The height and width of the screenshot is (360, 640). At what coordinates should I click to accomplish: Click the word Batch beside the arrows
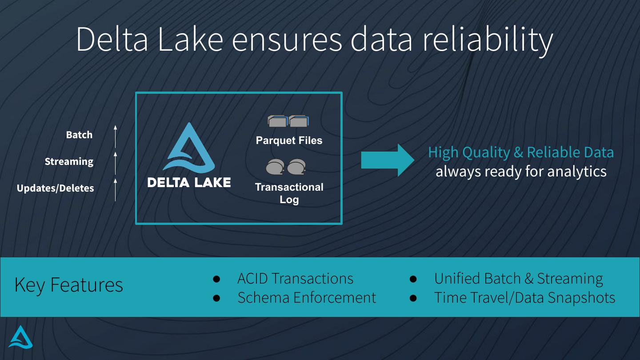coord(79,135)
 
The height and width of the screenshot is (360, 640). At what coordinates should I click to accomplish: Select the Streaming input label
coord(69,161)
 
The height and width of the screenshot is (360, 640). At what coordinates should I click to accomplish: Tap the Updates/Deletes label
coord(55,188)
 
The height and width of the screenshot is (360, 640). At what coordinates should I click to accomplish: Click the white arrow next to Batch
coord(115,136)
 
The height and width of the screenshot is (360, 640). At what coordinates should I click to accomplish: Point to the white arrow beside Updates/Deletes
coord(115,190)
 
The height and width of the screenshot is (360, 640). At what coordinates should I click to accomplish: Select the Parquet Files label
coord(289,140)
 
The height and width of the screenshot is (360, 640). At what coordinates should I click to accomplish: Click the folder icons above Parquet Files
coord(288,121)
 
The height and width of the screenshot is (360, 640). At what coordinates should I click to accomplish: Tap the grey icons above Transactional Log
coord(286,167)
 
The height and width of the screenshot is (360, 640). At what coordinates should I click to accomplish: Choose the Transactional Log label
coord(289,193)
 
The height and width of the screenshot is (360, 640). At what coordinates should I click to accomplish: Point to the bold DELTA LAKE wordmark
coord(189,182)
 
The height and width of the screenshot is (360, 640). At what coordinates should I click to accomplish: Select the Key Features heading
coord(68,285)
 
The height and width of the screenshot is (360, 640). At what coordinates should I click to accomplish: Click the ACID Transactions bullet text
coord(295,278)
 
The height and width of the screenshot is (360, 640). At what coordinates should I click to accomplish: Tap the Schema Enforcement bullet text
coord(307,297)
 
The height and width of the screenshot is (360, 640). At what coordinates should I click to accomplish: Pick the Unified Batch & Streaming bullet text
coord(518,278)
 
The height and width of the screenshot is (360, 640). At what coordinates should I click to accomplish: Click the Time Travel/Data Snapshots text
coord(524,297)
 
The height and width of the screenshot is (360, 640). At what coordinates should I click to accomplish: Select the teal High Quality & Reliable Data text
coord(520,152)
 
